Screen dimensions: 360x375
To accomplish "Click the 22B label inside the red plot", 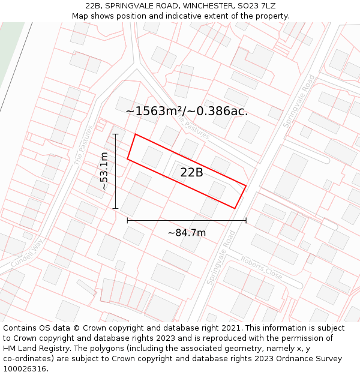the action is pos(191,173).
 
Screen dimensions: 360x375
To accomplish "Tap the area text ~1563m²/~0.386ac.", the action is pos(187,111).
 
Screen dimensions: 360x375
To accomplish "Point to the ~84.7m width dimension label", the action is pos(187,233).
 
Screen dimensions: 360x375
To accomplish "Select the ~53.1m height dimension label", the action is pos(104,172).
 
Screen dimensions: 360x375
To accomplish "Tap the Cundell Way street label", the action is pos(27,253).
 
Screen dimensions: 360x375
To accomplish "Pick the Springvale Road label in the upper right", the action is pos(299,100).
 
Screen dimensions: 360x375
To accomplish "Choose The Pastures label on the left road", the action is pos(83,145).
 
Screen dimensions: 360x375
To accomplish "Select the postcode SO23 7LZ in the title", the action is pos(255,6).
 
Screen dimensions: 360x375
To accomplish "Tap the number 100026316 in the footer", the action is pos(28,368).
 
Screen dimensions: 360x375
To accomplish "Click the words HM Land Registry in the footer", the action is pos(36,348).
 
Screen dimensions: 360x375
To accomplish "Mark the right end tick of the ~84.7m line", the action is pos(246,220).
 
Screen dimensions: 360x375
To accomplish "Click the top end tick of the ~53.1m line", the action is pos(115,134).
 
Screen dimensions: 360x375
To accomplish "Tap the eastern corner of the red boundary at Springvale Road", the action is pos(246,185).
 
